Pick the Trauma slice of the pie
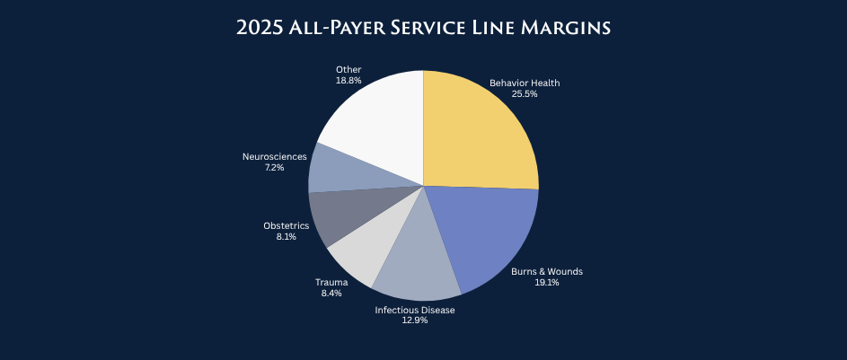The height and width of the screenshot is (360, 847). pyautogui.click(x=359, y=256)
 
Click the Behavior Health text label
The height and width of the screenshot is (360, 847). pyautogui.click(x=525, y=83)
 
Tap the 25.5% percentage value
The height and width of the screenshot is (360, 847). pyautogui.click(x=525, y=93)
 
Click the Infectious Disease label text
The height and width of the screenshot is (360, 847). pyautogui.click(x=415, y=310)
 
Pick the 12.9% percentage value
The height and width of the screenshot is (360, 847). pyautogui.click(x=415, y=320)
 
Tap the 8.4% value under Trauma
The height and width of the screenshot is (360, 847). pyautogui.click(x=331, y=292)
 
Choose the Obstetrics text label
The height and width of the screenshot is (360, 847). pyautogui.click(x=287, y=225)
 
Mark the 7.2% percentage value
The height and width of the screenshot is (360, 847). pyautogui.click(x=274, y=167)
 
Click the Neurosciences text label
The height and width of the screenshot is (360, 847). pyautogui.click(x=274, y=157)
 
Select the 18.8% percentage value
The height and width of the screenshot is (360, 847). pyautogui.click(x=349, y=80)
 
